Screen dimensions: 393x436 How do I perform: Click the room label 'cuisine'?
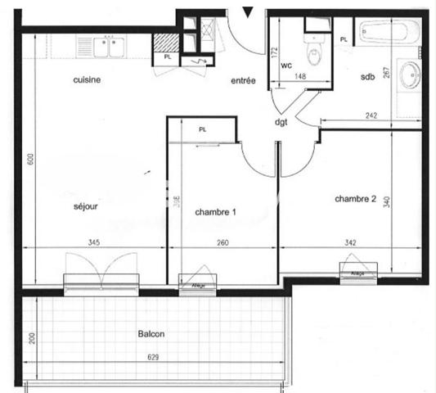click(x=87, y=79)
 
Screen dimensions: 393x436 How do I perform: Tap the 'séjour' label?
click(x=85, y=206)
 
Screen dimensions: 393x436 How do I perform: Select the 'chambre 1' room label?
click(x=215, y=212)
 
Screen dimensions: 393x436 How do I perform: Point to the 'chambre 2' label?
click(x=356, y=198)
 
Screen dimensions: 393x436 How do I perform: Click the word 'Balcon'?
click(x=153, y=335)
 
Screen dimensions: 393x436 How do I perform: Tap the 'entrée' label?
click(x=243, y=80)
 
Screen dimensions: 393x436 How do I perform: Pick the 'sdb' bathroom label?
click(x=367, y=77)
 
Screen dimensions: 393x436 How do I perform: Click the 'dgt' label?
click(x=281, y=123)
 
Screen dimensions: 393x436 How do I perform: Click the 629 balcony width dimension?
click(x=154, y=357)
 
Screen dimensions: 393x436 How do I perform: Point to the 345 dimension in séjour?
click(x=94, y=242)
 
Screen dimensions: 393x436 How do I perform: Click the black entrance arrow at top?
click(x=249, y=11)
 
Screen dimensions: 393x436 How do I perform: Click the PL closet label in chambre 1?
click(x=202, y=129)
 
